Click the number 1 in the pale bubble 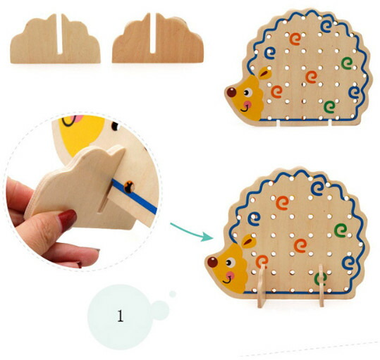tap(121, 316)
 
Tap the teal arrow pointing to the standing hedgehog tap(192, 232)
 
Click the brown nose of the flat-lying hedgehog tap(231, 92)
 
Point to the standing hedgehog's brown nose tap(212, 262)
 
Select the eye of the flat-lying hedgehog tap(247, 92)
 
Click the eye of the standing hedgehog tap(231, 263)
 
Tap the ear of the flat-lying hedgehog tap(264, 73)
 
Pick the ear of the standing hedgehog tap(248, 241)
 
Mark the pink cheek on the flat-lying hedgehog tap(247, 105)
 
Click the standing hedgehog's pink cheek tap(231, 275)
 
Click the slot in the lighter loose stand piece tap(59, 33)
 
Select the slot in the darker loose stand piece tap(153, 32)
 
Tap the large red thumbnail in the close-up tap(67, 218)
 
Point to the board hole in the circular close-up tap(129, 187)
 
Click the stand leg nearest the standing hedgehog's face tap(262, 286)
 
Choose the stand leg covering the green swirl tap(321, 286)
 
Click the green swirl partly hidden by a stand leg tap(320, 279)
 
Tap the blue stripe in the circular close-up tap(135, 196)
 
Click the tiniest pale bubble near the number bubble tap(173, 294)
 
